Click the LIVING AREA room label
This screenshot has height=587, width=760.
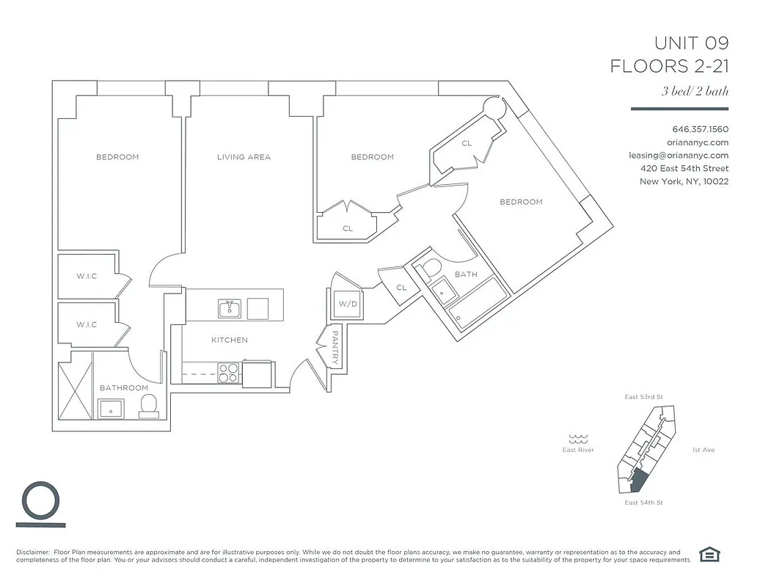(244, 157)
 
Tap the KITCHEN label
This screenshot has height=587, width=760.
(229, 340)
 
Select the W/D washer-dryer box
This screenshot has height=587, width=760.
(347, 304)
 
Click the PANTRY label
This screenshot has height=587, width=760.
(334, 346)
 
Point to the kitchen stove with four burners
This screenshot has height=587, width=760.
(229, 373)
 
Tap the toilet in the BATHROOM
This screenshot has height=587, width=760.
(149, 405)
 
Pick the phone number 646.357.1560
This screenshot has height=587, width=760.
(700, 129)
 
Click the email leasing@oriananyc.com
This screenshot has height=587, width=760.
(679, 156)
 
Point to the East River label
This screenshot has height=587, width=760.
(578, 450)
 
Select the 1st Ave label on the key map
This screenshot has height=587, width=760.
(703, 450)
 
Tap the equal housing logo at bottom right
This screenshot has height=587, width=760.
(709, 555)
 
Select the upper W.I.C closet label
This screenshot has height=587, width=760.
(87, 277)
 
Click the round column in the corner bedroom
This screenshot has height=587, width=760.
(494, 108)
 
